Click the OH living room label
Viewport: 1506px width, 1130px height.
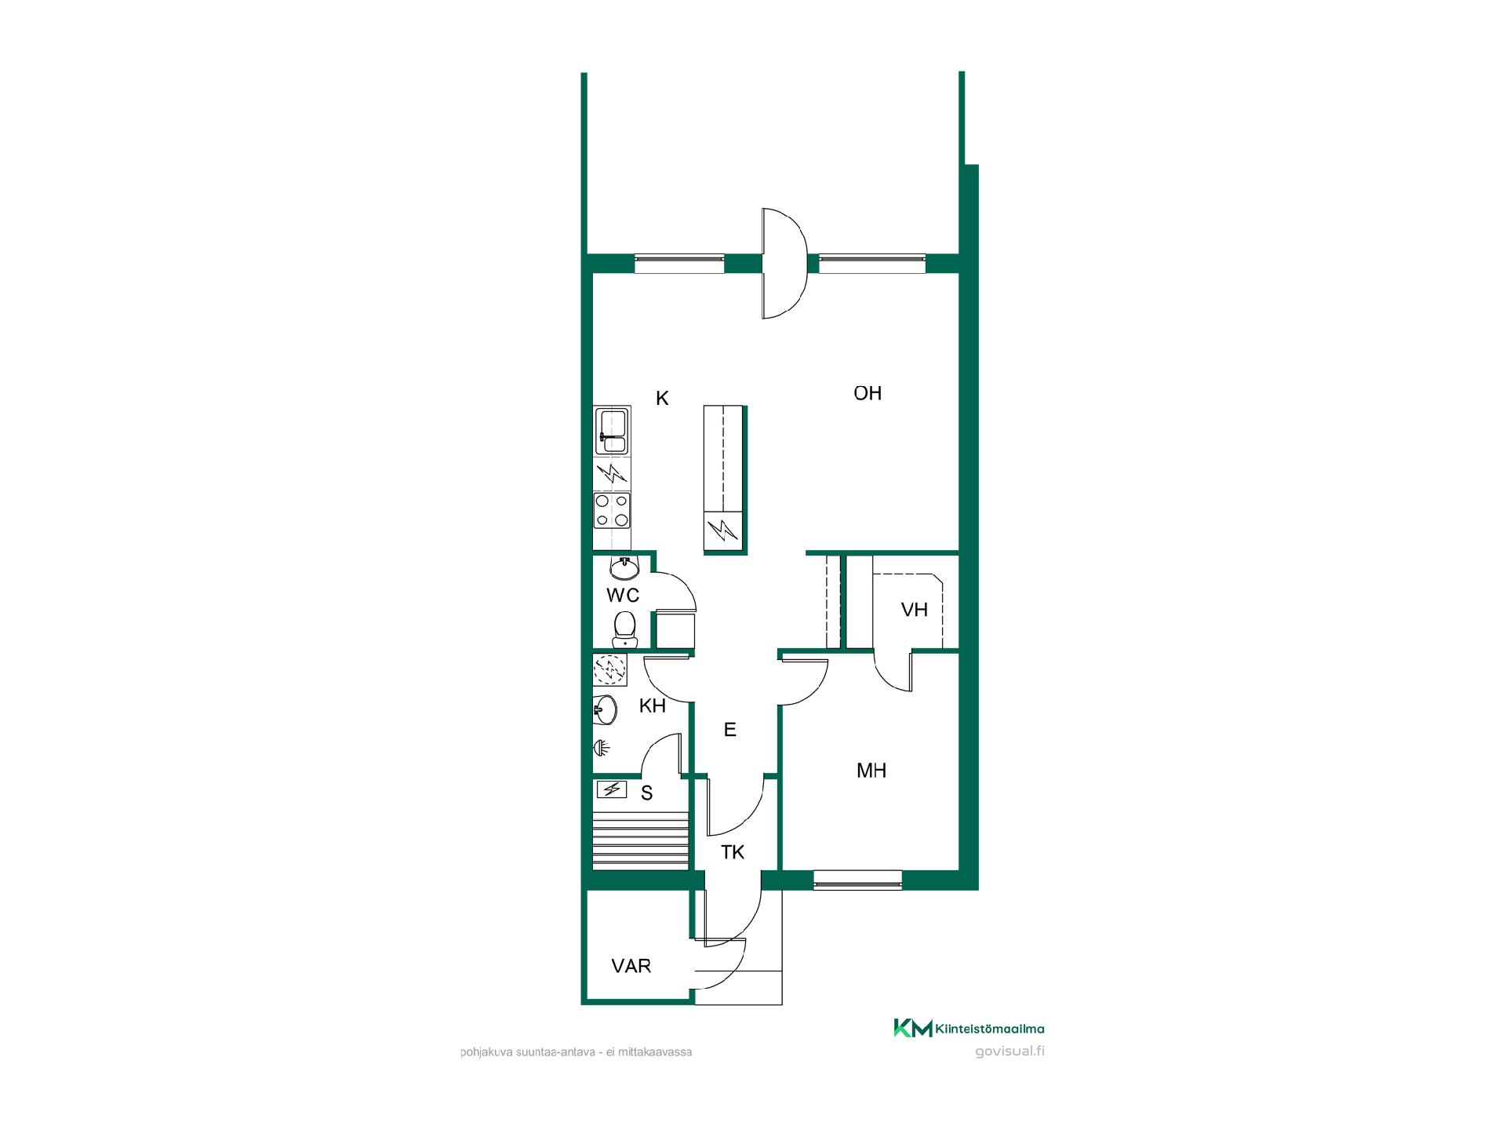[868, 393]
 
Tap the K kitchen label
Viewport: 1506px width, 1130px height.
[662, 399]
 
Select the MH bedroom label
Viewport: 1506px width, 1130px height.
[871, 771]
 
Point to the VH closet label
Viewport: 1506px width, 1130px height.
[915, 610]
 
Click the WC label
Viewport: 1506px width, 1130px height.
[623, 595]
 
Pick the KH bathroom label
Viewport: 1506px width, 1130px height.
[653, 705]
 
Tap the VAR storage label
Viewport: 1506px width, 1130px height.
[631, 966]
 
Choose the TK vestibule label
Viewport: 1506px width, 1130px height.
[733, 852]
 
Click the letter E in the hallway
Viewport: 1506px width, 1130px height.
[730, 730]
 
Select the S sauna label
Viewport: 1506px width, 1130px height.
[647, 793]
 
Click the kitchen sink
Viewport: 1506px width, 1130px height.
[612, 431]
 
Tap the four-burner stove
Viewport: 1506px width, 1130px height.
[612, 510]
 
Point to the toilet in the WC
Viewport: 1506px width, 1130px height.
[624, 630]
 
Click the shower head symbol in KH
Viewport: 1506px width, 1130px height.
[602, 748]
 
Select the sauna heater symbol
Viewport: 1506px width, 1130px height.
[613, 789]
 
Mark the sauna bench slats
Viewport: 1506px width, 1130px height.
[641, 841]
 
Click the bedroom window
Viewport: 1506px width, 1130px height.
[857, 880]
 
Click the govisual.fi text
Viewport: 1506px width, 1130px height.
[1009, 1052]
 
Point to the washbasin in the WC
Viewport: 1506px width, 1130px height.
[625, 567]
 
